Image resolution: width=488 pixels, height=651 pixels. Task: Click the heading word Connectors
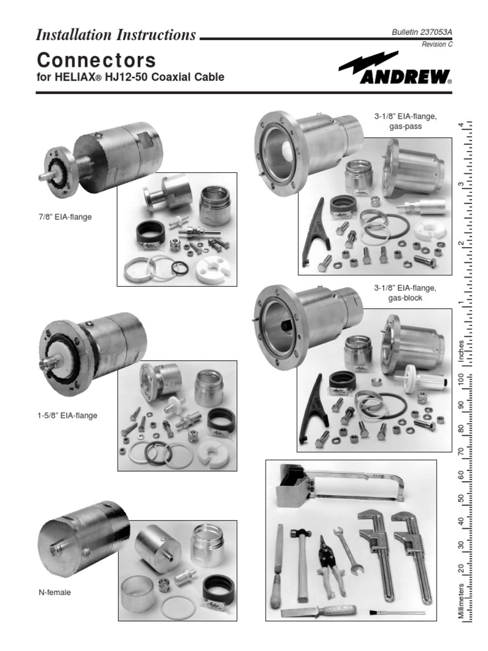tap(96, 60)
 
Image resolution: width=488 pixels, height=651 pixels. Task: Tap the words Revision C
tap(437, 45)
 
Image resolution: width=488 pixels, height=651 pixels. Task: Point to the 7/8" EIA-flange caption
tap(64, 217)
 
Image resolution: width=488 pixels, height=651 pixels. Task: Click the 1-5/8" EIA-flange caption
tap(67, 416)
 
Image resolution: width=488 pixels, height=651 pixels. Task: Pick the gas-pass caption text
tap(405, 127)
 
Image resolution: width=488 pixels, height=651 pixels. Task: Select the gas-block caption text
tap(405, 298)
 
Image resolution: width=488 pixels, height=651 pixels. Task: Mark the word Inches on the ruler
tap(461, 350)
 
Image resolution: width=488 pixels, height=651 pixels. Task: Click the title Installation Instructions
tap(116, 35)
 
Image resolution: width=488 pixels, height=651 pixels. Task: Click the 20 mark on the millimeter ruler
tap(461, 568)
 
